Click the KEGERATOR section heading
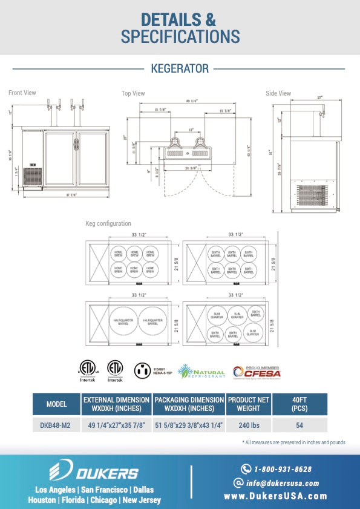pyautogui.click(x=180, y=69)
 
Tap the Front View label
pyautogui.click(x=22, y=93)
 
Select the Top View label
pyautogui.click(x=133, y=93)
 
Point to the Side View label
pyautogui.click(x=278, y=93)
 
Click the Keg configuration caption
pyautogui.click(x=108, y=224)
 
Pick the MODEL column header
pyautogui.click(x=56, y=404)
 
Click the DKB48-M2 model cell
pyautogui.click(x=56, y=425)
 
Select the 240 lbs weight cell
pyautogui.click(x=249, y=425)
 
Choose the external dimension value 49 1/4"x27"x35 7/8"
pyautogui.click(x=116, y=425)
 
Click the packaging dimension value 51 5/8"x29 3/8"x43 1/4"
pyautogui.click(x=189, y=425)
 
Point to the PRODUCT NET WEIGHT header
pyautogui.click(x=249, y=404)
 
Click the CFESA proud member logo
pyautogui.click(x=255, y=371)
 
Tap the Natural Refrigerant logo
pyautogui.click(x=201, y=371)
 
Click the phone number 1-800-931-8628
pyautogui.click(x=277, y=469)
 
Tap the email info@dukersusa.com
pyautogui.click(x=277, y=483)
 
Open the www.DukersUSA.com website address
pyautogui.click(x=275, y=496)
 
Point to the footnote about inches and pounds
pyautogui.click(x=293, y=442)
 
